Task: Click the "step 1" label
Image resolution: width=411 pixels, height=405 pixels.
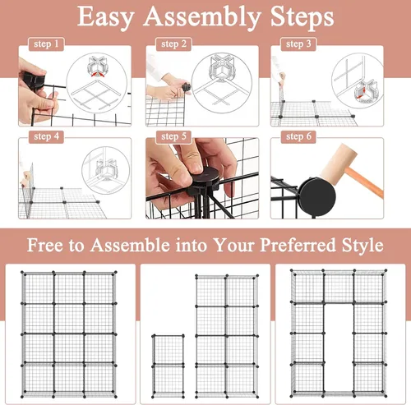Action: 46,44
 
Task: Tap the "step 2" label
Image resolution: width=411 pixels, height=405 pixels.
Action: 173,44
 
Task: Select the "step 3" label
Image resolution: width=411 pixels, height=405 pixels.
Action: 298,44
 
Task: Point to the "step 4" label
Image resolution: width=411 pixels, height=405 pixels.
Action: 46,136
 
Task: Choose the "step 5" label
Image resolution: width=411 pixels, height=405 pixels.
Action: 173,136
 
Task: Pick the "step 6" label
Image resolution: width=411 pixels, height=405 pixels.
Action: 298,136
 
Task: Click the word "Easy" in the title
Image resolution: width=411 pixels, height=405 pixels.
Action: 106,18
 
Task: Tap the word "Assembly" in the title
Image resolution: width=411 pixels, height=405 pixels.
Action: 201,18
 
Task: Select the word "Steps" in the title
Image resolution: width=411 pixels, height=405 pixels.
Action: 302,17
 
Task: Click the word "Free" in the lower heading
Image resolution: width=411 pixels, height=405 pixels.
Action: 45,245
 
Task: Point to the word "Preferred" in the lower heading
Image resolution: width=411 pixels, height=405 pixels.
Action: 298,245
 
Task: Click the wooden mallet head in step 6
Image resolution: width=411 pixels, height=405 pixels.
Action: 339,163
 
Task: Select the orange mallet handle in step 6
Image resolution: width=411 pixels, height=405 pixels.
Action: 364,183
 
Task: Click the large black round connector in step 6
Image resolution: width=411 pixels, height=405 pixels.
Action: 317,196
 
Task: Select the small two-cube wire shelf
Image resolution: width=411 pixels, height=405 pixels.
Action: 168,366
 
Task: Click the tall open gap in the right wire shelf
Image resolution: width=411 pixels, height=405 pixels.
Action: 339,347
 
